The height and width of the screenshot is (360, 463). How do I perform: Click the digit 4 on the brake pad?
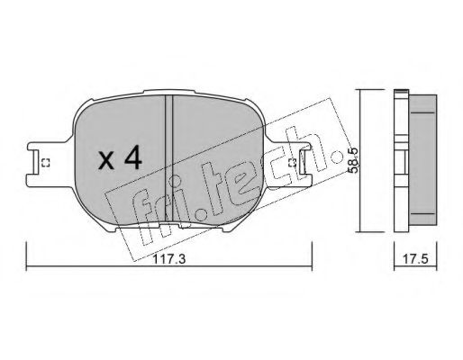point(132,160)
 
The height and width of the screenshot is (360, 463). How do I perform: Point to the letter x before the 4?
point(106,163)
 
